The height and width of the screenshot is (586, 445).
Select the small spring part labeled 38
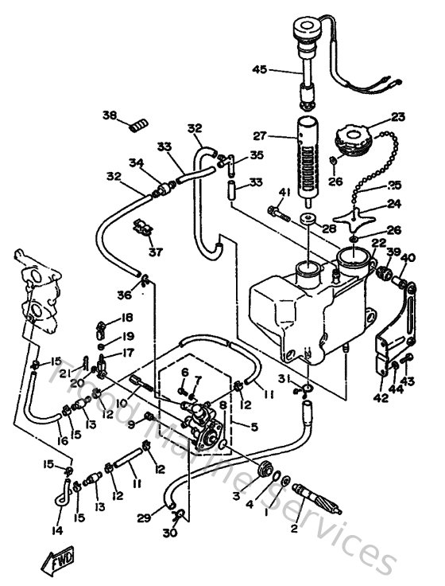pos(141,124)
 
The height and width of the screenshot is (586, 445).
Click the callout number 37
pos(153,252)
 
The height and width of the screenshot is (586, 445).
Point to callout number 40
pos(408,257)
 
